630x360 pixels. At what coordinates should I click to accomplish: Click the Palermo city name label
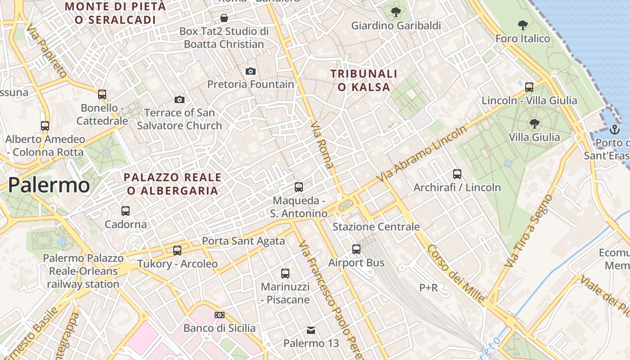(x=49, y=185)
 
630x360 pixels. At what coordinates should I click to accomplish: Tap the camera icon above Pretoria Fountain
(x=251, y=71)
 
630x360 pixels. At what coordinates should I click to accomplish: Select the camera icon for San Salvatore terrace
(x=180, y=99)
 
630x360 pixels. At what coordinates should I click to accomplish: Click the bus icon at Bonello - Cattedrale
(x=102, y=94)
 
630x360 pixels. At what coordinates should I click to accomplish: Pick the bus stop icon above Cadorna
(x=126, y=211)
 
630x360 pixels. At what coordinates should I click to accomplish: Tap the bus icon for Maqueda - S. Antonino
(x=299, y=187)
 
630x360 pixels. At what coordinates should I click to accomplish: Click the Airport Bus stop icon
(x=356, y=249)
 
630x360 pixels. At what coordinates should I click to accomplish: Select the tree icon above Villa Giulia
(x=535, y=123)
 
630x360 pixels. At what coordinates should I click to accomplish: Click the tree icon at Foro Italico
(x=522, y=25)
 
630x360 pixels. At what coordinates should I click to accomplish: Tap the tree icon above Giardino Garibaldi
(x=396, y=12)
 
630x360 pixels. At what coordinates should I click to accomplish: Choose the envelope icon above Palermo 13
(x=311, y=330)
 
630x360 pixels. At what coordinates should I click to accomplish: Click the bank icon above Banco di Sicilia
(x=220, y=315)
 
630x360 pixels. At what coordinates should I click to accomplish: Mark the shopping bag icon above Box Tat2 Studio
(x=224, y=18)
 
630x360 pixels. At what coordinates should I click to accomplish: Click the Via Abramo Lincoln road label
(x=423, y=154)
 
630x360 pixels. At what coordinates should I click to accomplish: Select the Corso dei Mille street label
(x=456, y=274)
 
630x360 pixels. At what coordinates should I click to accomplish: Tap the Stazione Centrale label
(x=376, y=227)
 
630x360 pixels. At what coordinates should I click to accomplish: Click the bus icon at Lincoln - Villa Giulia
(x=529, y=87)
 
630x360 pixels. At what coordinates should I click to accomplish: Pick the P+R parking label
(x=428, y=288)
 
